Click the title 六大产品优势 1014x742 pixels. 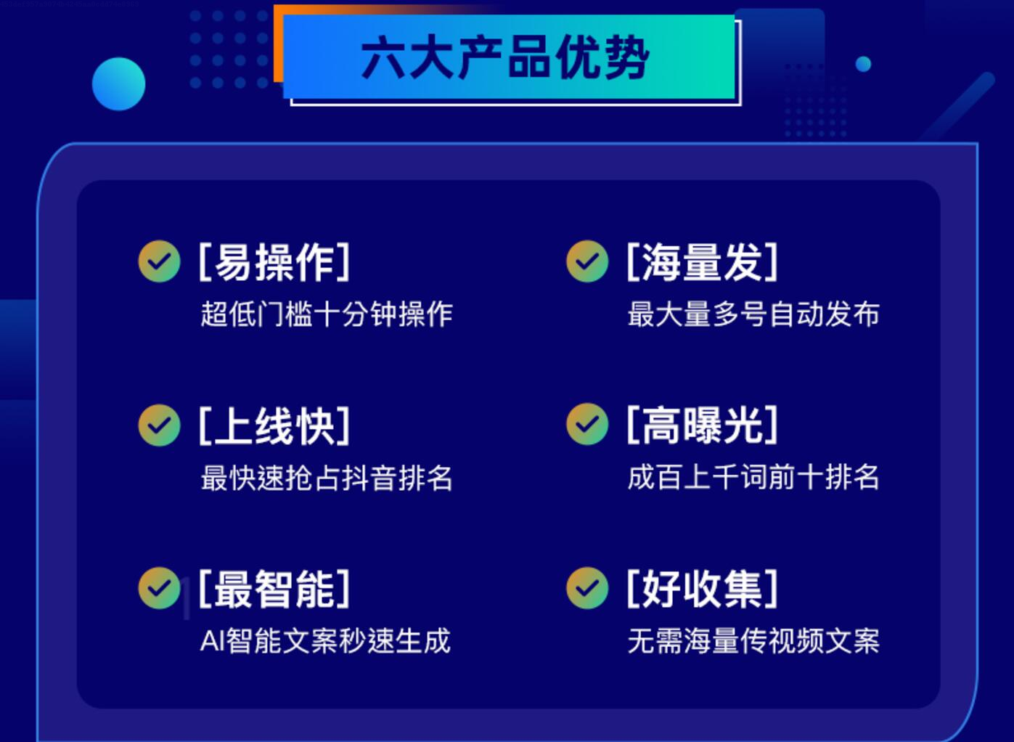pyautogui.click(x=506, y=57)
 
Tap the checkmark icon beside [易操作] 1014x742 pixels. pyautogui.click(x=159, y=261)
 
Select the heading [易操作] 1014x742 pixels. pyautogui.click(x=274, y=262)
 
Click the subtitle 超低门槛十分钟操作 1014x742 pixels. pyautogui.click(x=327, y=314)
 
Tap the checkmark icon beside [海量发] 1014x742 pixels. pyautogui.click(x=587, y=261)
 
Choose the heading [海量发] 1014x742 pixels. pyautogui.click(x=702, y=262)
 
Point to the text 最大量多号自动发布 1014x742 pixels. pyautogui.click(x=753, y=314)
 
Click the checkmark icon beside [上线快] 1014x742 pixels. pyautogui.click(x=159, y=425)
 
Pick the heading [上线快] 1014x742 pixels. pyautogui.click(x=274, y=425)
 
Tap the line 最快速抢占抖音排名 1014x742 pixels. pyautogui.click(x=327, y=478)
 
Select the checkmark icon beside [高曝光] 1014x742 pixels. pyautogui.click(x=587, y=424)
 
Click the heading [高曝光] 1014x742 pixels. pyautogui.click(x=702, y=425)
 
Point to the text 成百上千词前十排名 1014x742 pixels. pyautogui.click(x=753, y=477)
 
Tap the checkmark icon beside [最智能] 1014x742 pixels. pyautogui.click(x=159, y=588)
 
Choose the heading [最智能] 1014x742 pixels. pyautogui.click(x=274, y=589)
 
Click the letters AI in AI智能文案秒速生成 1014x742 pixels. pyautogui.click(x=212, y=641)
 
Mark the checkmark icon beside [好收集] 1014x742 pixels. pyautogui.click(x=587, y=587)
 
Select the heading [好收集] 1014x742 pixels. pyautogui.click(x=702, y=588)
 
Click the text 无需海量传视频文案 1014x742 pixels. pyautogui.click(x=753, y=641)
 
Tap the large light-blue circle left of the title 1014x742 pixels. pyautogui.click(x=118, y=83)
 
